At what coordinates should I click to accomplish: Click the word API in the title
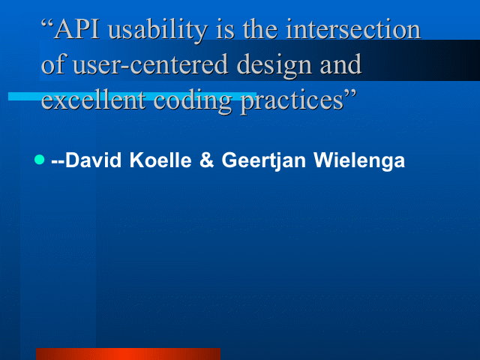pos(76,29)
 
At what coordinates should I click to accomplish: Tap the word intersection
pos(353,29)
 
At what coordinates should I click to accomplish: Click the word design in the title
pos(274,66)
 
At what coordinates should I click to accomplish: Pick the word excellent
pos(93,99)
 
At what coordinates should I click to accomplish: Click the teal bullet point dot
pos(40,160)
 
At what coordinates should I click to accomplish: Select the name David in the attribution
pos(93,160)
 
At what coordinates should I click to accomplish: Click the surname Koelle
pos(160,160)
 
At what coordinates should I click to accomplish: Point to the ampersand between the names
pos(207,160)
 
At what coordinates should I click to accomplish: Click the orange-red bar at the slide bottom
pos(128,354)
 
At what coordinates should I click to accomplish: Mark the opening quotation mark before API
pos(46,24)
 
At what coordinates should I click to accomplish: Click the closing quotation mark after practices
pos(350,94)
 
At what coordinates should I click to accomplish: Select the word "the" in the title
pos(260,29)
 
